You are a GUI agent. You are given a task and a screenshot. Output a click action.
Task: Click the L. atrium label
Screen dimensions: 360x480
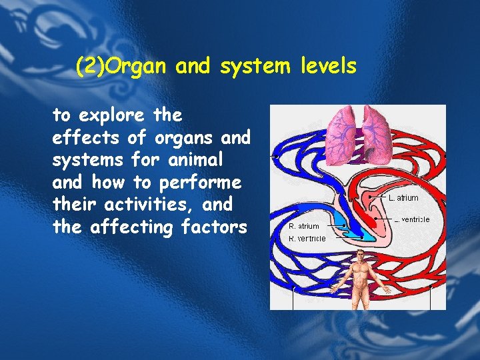tap(403, 198)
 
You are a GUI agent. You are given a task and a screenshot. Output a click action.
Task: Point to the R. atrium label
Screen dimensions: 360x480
tap(304, 226)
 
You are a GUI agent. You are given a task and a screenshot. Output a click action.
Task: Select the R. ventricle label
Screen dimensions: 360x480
tap(307, 238)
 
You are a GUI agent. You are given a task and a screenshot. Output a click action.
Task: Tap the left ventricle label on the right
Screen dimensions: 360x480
tap(411, 219)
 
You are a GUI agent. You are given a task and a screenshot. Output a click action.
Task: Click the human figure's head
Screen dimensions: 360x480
tap(361, 256)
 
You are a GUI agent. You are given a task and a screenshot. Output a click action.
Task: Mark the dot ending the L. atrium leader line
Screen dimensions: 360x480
tap(370, 197)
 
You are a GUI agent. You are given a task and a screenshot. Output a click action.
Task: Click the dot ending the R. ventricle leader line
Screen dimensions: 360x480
tap(362, 237)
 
